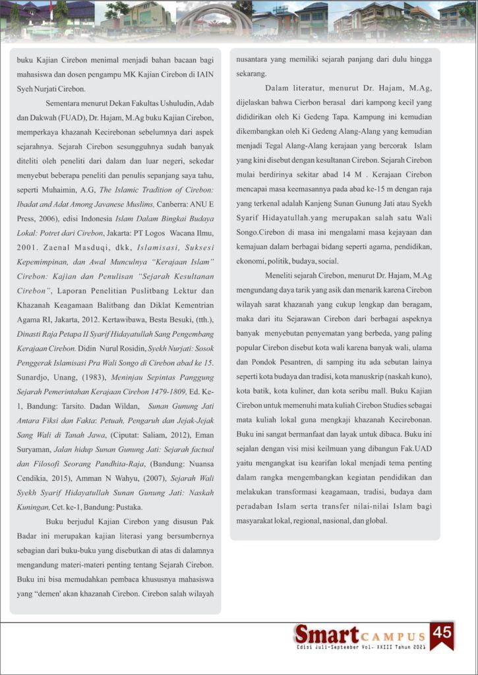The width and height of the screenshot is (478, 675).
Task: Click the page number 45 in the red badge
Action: tap(442, 632)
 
